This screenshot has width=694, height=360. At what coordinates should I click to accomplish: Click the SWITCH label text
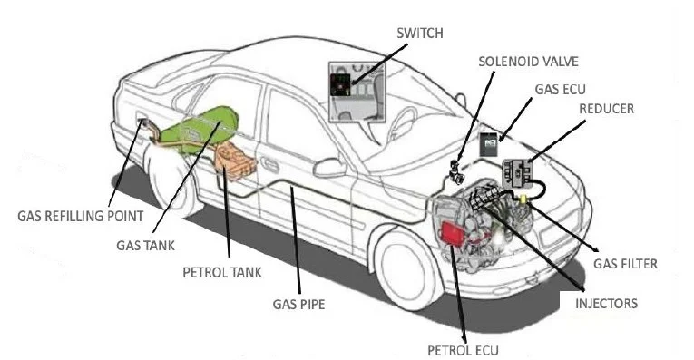420,34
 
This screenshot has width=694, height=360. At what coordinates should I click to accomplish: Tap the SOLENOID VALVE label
529,62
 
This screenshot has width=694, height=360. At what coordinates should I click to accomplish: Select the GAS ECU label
560,90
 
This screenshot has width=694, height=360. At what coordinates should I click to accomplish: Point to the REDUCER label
606,109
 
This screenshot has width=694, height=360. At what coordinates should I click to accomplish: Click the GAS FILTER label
625,264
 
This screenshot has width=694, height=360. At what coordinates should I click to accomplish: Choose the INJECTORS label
606,304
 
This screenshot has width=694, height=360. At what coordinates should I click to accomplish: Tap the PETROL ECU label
463,351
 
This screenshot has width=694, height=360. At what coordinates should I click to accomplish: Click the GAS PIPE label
298,305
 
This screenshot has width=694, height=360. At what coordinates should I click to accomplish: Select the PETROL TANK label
222,272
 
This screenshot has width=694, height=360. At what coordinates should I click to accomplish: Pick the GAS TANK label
146,246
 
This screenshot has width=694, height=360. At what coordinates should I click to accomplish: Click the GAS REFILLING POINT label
81,216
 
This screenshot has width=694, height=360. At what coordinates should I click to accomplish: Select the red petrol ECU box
453,232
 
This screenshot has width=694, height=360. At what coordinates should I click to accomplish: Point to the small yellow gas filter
523,199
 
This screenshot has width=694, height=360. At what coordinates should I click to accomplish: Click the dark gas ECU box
489,144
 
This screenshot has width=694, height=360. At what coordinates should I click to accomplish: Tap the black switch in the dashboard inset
340,85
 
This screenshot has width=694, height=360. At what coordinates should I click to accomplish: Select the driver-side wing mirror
329,168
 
